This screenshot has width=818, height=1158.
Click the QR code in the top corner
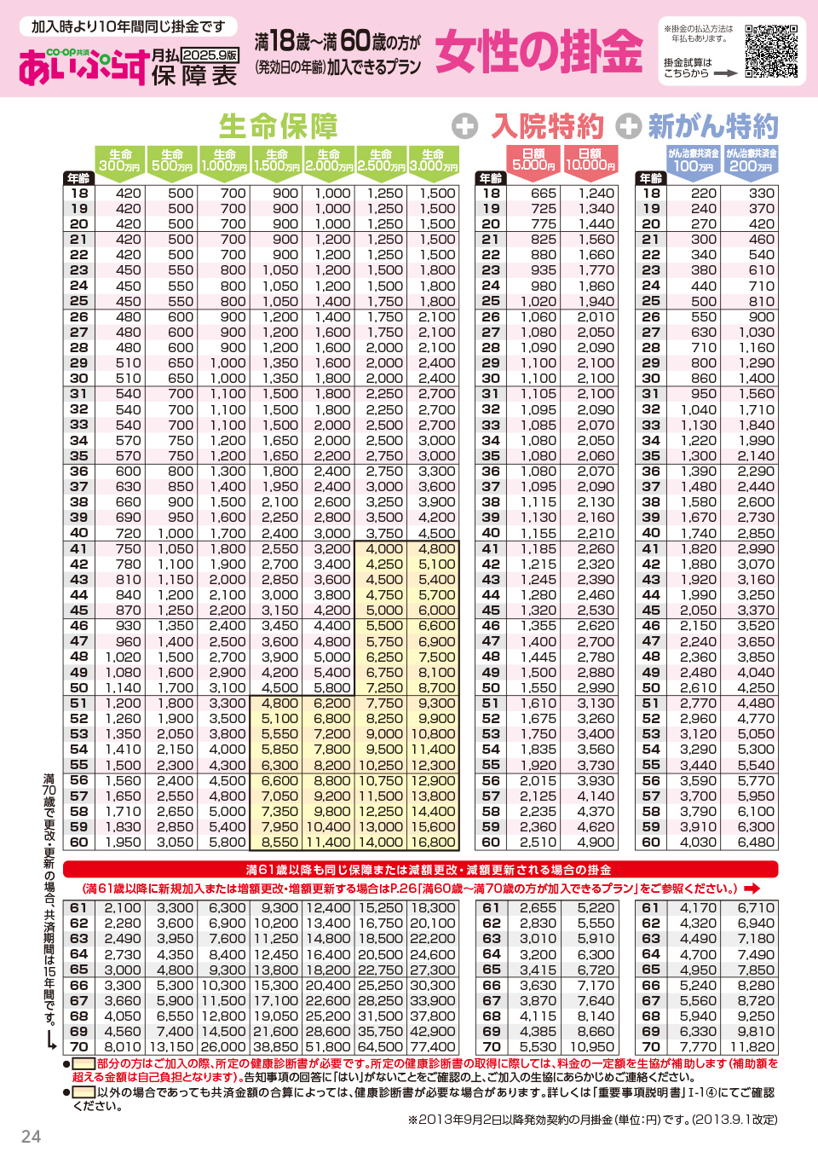(x=771, y=51)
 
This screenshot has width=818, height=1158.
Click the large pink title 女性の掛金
(x=539, y=51)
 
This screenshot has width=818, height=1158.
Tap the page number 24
(x=31, y=1136)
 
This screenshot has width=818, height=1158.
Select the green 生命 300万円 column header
(x=120, y=160)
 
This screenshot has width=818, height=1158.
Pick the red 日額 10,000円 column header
(x=590, y=159)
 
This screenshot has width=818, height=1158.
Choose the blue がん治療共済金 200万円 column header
(x=751, y=160)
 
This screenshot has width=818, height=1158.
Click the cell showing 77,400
(x=433, y=1047)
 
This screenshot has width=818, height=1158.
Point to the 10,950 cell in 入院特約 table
(x=591, y=1047)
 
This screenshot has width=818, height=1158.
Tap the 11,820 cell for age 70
(x=752, y=1047)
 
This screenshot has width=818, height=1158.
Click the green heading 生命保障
(x=279, y=126)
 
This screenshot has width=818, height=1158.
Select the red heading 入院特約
(x=547, y=126)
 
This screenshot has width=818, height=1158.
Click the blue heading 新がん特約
(x=712, y=126)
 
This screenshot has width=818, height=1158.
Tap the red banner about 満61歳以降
(x=421, y=869)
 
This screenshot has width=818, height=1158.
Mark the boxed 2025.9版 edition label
(x=210, y=55)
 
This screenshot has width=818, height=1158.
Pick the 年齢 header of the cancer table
(x=651, y=178)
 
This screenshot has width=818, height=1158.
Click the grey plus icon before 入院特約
(x=464, y=126)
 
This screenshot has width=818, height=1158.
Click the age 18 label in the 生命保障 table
(x=78, y=194)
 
